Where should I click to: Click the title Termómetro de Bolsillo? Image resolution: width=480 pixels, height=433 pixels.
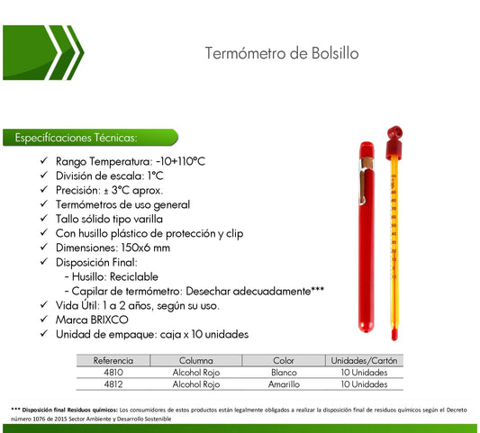(282, 53)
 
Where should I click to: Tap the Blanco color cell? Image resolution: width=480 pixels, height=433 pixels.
(284, 372)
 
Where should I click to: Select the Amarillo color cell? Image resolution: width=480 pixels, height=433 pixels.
(284, 384)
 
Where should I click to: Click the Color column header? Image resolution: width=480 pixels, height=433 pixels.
(284, 360)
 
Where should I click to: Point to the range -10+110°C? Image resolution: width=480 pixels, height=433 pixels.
(175, 161)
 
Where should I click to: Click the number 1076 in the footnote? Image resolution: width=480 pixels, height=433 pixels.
(33, 418)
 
